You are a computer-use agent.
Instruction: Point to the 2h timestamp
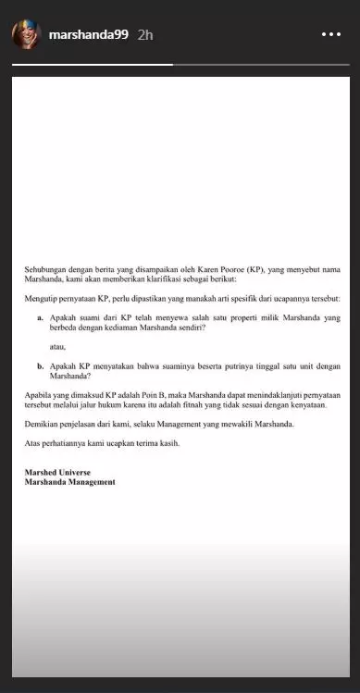[144, 35]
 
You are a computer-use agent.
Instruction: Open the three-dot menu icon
[331, 35]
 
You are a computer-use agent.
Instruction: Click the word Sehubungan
[46, 269]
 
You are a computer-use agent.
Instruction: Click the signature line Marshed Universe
[58, 473]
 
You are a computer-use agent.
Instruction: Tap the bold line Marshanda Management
[70, 482]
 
